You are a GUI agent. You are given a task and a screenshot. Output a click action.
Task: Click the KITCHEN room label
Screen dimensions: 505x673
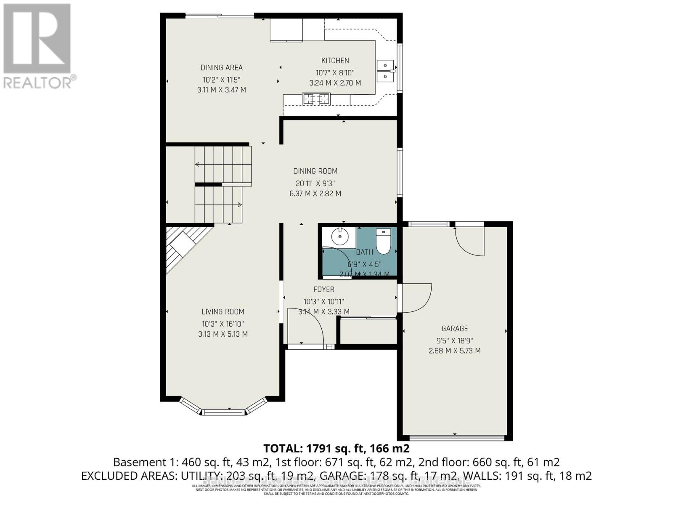(x=335, y=61)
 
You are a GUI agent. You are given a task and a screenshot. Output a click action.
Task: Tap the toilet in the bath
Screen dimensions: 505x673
(x=383, y=242)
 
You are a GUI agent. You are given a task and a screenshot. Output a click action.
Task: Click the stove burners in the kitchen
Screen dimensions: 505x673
(x=316, y=99)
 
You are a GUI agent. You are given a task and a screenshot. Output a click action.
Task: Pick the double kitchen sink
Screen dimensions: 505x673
(x=385, y=71)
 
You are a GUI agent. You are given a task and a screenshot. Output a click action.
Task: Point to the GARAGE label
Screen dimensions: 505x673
(x=454, y=329)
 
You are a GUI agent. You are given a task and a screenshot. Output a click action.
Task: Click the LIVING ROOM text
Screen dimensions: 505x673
(x=223, y=312)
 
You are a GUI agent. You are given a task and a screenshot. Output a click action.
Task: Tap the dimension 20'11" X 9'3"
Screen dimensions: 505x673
(x=315, y=183)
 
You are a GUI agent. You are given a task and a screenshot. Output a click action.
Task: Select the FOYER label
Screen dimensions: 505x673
(x=323, y=290)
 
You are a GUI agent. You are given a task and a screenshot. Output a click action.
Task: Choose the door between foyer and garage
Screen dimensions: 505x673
(x=416, y=298)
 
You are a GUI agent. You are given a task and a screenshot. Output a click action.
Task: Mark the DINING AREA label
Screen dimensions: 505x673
(x=221, y=68)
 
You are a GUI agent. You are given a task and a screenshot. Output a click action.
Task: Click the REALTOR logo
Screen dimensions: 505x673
(x=37, y=46)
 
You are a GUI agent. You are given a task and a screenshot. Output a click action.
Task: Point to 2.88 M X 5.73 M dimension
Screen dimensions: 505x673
(x=454, y=351)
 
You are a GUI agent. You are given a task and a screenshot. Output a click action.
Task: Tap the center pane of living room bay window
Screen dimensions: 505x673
(x=223, y=412)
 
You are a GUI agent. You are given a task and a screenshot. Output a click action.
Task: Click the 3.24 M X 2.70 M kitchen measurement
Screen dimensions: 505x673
(x=335, y=83)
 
